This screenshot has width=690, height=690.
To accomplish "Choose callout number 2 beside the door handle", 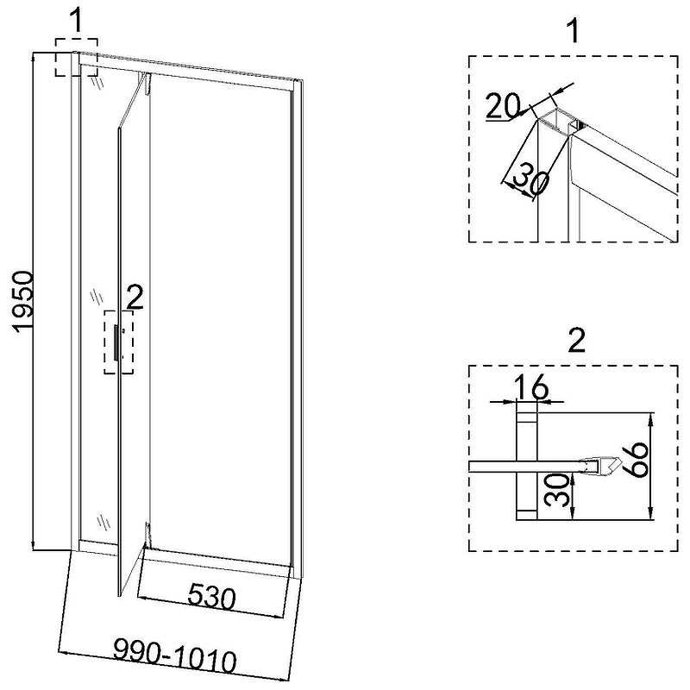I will (134, 298).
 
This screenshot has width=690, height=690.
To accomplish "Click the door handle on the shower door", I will (116, 342).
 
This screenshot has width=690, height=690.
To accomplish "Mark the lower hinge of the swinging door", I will (148, 536).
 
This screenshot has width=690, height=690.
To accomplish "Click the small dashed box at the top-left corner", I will (76, 56).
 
